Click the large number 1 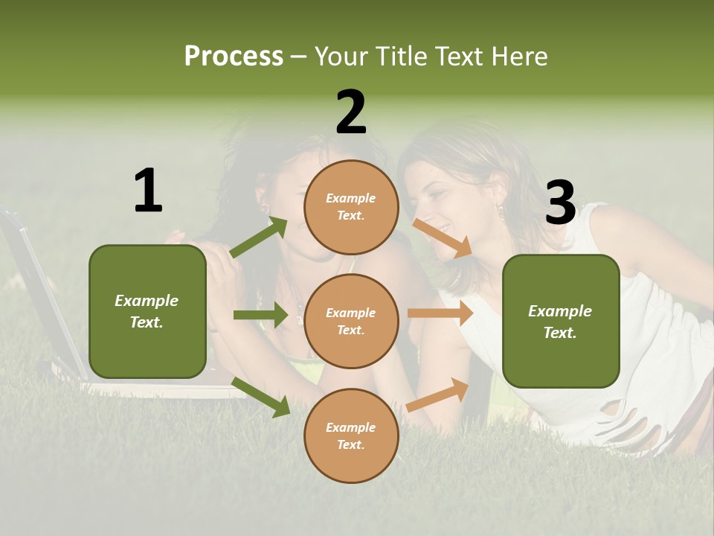tap(148, 191)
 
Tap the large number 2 tap(351, 112)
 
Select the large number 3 tap(560, 202)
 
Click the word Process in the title tap(234, 57)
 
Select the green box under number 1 tap(147, 311)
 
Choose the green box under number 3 tap(561, 322)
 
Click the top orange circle tap(351, 207)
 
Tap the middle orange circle tap(351, 321)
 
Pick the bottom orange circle tap(351, 435)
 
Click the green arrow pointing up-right tap(260, 237)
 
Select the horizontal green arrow tap(260, 316)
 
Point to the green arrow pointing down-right tap(261, 396)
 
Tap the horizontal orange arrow tap(440, 313)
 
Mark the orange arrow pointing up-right tap(437, 395)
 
